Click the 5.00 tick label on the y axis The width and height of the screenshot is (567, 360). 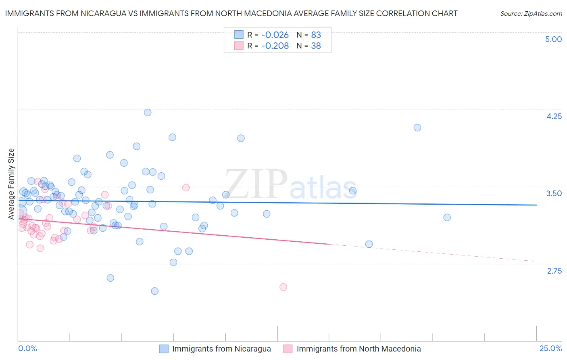pyautogui.click(x=553, y=39)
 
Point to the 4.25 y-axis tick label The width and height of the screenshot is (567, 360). pyautogui.click(x=554, y=116)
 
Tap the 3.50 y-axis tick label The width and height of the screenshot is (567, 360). pyautogui.click(x=554, y=193)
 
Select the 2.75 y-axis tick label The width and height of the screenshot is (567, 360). pyautogui.click(x=554, y=271)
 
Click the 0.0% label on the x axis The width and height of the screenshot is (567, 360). pyautogui.click(x=27, y=348)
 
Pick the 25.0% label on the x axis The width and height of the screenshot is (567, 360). pyautogui.click(x=550, y=348)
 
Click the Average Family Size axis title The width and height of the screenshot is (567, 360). pyautogui.click(x=11, y=184)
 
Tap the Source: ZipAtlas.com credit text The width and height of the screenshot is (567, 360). pyautogui.click(x=531, y=14)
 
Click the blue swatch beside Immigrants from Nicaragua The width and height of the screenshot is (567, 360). pyautogui.click(x=164, y=349)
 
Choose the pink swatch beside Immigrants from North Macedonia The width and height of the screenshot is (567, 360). pyautogui.click(x=288, y=349)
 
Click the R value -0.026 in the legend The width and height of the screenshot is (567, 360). pyautogui.click(x=275, y=35)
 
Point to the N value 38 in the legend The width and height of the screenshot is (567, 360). pyautogui.click(x=316, y=46)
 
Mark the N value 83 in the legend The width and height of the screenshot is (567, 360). pyautogui.click(x=316, y=35)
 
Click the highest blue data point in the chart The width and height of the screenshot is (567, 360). pyautogui.click(x=148, y=113)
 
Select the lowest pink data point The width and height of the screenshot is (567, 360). pyautogui.click(x=283, y=287)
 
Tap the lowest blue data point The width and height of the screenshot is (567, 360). pyautogui.click(x=154, y=291)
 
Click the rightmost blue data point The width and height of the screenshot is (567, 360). pyautogui.click(x=447, y=218)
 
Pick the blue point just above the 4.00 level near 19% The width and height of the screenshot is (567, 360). pyautogui.click(x=417, y=128)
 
